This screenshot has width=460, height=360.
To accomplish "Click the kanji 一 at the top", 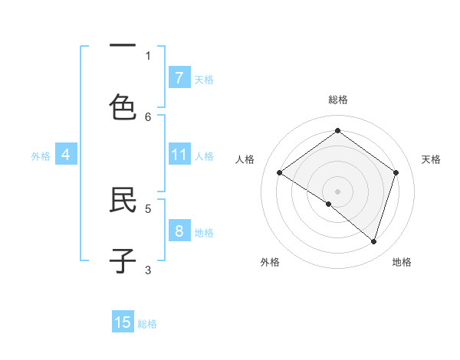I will [123, 46].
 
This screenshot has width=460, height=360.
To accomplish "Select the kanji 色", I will [123, 107].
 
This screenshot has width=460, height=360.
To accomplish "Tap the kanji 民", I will [123, 199].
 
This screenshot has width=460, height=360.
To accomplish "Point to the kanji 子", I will [123, 260].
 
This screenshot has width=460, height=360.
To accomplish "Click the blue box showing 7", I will [179, 77].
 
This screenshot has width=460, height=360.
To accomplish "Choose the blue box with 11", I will [179, 155].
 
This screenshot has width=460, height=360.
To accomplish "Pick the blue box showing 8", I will [179, 231].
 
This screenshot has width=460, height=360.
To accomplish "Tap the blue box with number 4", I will [66, 155].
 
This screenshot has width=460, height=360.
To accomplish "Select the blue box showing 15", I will [123, 322].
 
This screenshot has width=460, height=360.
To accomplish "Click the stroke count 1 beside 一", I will [148, 55].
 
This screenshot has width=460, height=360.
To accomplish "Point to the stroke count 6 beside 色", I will [148, 116].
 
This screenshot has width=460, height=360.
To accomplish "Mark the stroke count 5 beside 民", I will [148, 208].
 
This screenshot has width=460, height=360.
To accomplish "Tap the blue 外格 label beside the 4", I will [41, 156].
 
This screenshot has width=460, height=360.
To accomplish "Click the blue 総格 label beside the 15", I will [147, 324].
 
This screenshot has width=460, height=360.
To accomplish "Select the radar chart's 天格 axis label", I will [431, 159].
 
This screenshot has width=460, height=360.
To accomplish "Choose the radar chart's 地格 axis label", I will [402, 262].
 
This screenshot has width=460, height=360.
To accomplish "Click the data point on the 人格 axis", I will [279, 172].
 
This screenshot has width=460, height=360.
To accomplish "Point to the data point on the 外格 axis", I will [329, 204].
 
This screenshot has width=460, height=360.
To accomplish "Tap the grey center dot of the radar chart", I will [337, 191].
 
